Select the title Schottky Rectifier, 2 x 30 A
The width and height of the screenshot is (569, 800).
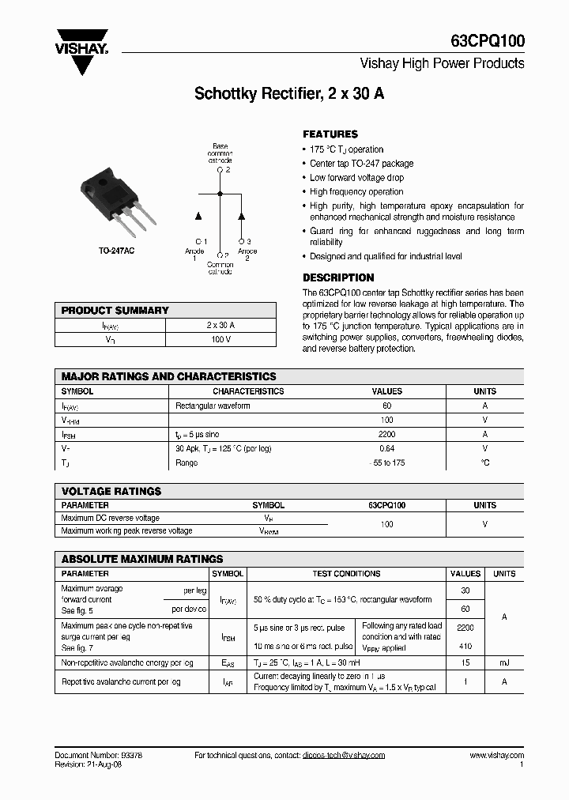point(289,93)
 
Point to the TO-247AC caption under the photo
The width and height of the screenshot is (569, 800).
point(117,251)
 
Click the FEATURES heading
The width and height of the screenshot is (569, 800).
point(330,134)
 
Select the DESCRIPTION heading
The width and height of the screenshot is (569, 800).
point(338,277)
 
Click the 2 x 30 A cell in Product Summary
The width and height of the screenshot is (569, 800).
point(220,325)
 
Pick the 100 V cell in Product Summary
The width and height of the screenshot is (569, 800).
point(220,339)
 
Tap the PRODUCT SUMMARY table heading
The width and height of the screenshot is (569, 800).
point(115,311)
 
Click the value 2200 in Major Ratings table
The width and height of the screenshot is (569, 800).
point(386,434)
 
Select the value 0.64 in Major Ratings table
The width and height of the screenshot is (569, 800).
point(386,448)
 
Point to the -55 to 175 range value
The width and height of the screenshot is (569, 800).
point(386,462)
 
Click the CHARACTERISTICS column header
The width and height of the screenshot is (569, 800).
point(248,391)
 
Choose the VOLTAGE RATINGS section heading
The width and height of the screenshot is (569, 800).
point(111,491)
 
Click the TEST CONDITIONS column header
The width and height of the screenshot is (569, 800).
point(346,574)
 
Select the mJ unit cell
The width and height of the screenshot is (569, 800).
point(503,662)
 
